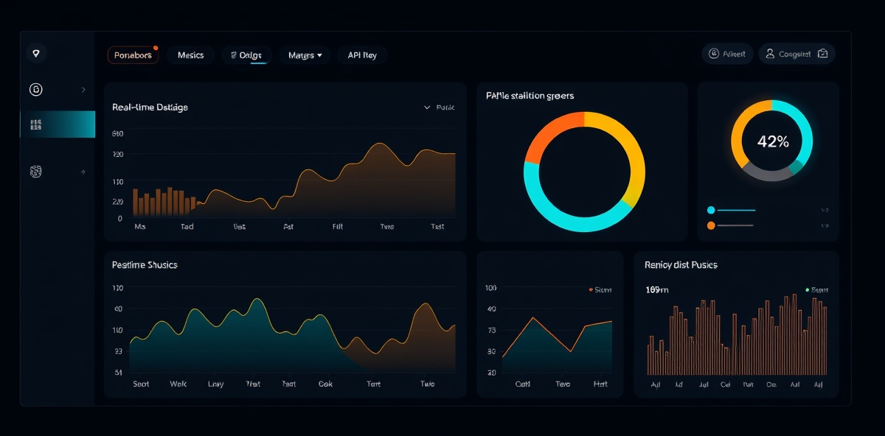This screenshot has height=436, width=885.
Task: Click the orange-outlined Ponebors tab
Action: tap(133, 55)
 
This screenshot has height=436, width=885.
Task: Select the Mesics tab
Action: tap(190, 55)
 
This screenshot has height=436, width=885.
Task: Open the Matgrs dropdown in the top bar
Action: tap(305, 55)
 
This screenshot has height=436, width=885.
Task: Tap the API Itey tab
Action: tap(361, 55)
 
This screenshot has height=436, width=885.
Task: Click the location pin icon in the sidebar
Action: tap(36, 53)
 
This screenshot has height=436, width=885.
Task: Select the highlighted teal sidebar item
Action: tap(58, 124)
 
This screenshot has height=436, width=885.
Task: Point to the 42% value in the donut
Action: tap(772, 142)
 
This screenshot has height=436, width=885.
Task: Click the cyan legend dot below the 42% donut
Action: tap(711, 210)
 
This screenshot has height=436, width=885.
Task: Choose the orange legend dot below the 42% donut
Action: tap(711, 225)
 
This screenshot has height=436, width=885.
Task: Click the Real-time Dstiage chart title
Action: tap(150, 108)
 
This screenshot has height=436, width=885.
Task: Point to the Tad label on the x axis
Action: tap(187, 227)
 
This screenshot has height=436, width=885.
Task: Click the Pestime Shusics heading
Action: tap(145, 264)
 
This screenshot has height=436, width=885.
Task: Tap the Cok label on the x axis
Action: tap(325, 384)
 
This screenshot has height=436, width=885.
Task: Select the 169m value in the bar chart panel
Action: tap(656, 289)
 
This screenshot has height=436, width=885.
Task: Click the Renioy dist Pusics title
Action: tap(681, 264)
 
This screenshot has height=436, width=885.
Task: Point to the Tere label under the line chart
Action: tap(563, 384)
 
